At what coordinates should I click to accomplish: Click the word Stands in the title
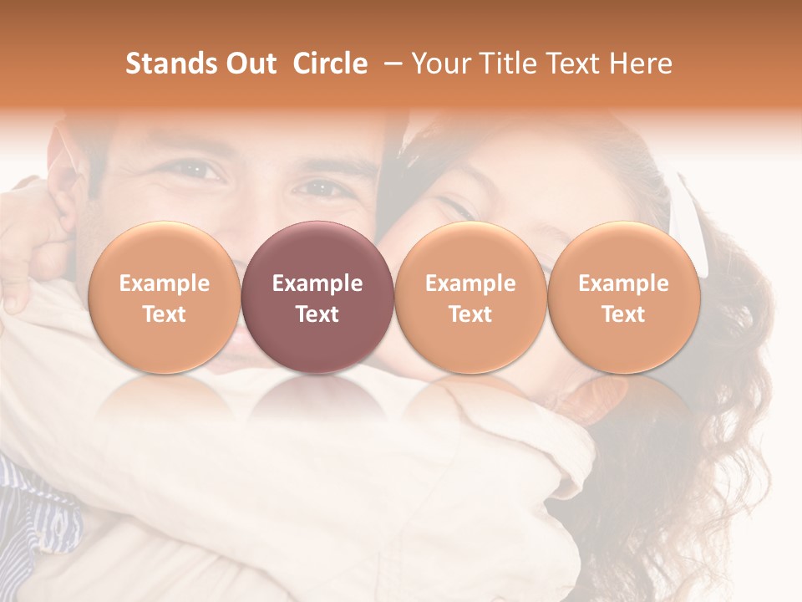pyautogui.click(x=162, y=64)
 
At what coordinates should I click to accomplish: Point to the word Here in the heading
pyautogui.click(x=642, y=64)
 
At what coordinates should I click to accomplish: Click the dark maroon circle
pyautogui.click(x=317, y=297)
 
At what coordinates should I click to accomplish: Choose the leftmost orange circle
pyautogui.click(x=164, y=297)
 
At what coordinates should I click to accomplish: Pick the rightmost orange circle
pyautogui.click(x=623, y=297)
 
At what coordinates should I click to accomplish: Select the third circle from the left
pyautogui.click(x=470, y=297)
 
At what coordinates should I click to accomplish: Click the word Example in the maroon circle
pyautogui.click(x=317, y=283)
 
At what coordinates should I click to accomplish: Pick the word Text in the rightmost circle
pyautogui.click(x=623, y=314)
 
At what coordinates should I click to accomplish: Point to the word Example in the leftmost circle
pyautogui.click(x=164, y=283)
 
